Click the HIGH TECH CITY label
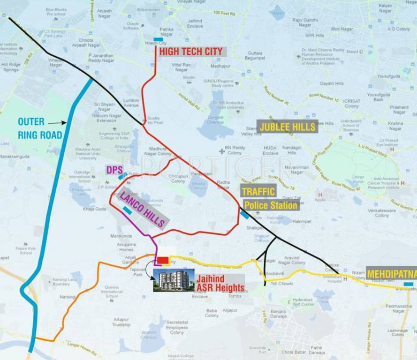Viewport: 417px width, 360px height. click(190, 52)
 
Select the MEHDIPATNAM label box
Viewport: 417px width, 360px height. click(392, 274)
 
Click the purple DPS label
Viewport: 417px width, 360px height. click(113, 170)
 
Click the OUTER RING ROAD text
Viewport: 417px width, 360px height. click(40, 128)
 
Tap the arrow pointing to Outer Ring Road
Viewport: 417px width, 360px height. click(57, 123)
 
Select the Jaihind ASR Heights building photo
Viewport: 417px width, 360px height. click(174, 280)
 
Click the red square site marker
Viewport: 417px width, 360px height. click(162, 260)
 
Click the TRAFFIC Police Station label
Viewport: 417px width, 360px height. click(269, 199)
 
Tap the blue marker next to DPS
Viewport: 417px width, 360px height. click(123, 176)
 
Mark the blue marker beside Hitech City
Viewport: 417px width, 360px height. click(159, 39)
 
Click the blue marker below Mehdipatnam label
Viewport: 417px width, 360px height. click(408, 284)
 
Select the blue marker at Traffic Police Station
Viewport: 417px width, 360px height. click(245, 214)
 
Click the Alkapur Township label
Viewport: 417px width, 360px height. click(121, 322)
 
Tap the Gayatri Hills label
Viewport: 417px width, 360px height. click(332, 83)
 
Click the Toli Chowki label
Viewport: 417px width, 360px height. click(282, 284)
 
